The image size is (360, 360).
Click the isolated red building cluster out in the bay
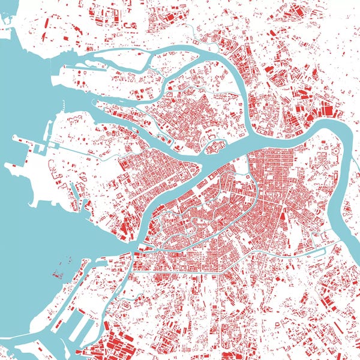[58, 275]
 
